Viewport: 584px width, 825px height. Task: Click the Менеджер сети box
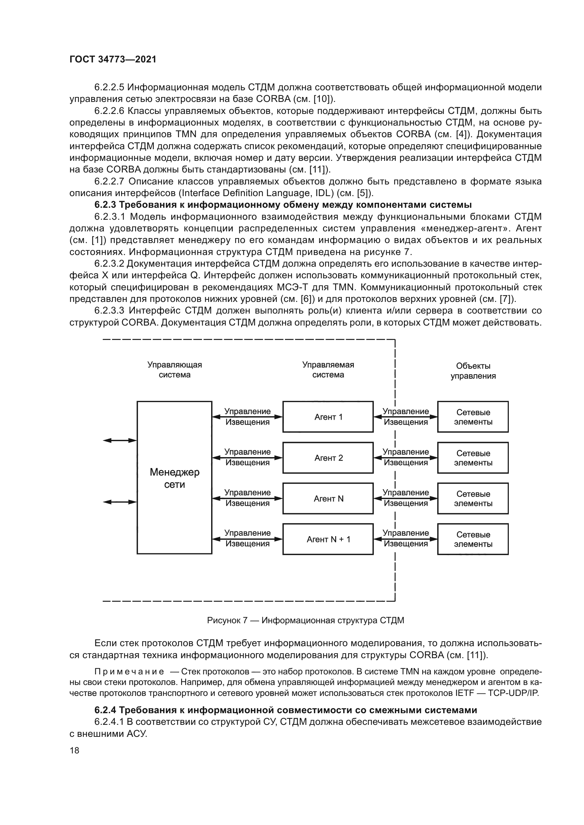(x=174, y=478)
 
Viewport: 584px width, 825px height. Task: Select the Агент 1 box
(x=328, y=417)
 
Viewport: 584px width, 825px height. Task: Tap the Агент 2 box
(x=328, y=458)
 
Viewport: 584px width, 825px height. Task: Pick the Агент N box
(x=328, y=498)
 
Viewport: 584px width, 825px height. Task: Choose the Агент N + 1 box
(x=328, y=539)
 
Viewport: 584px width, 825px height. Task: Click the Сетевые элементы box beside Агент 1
(x=473, y=417)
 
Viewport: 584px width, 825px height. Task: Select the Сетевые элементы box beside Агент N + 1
(x=473, y=539)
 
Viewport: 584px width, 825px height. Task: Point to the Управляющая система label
(x=174, y=370)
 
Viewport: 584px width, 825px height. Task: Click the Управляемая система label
(x=328, y=370)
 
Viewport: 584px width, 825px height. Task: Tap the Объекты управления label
(x=473, y=371)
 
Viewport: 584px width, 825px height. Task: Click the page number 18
(x=75, y=751)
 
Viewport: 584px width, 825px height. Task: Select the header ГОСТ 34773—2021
(x=113, y=59)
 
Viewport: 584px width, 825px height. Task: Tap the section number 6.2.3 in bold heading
(x=105, y=205)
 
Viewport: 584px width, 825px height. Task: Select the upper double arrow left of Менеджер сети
(x=120, y=441)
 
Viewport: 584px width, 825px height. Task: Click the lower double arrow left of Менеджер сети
(x=120, y=502)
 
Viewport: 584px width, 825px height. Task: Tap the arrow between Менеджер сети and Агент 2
(x=248, y=458)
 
